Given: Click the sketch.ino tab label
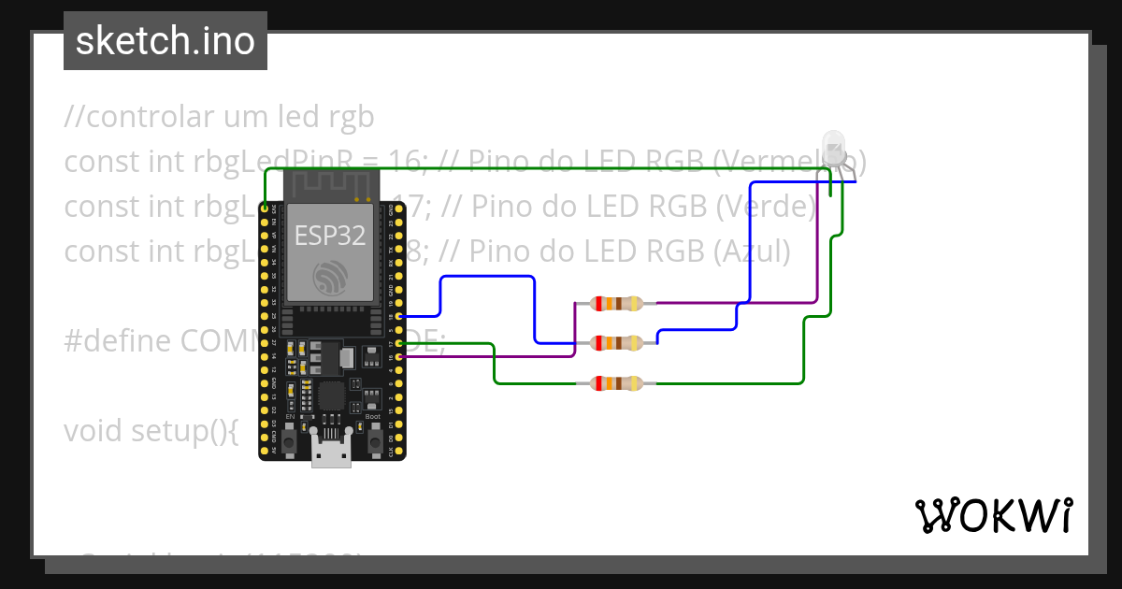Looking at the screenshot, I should tap(165, 41).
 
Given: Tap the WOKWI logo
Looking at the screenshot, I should tap(993, 515).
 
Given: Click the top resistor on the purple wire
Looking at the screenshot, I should tap(616, 303).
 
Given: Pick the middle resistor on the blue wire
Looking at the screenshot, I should tap(616, 343).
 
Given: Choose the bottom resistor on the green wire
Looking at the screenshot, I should tap(616, 383).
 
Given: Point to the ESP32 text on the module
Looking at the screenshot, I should tap(330, 236).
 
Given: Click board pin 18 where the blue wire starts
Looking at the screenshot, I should tap(400, 317).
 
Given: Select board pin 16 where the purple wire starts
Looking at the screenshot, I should tap(400, 356).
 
